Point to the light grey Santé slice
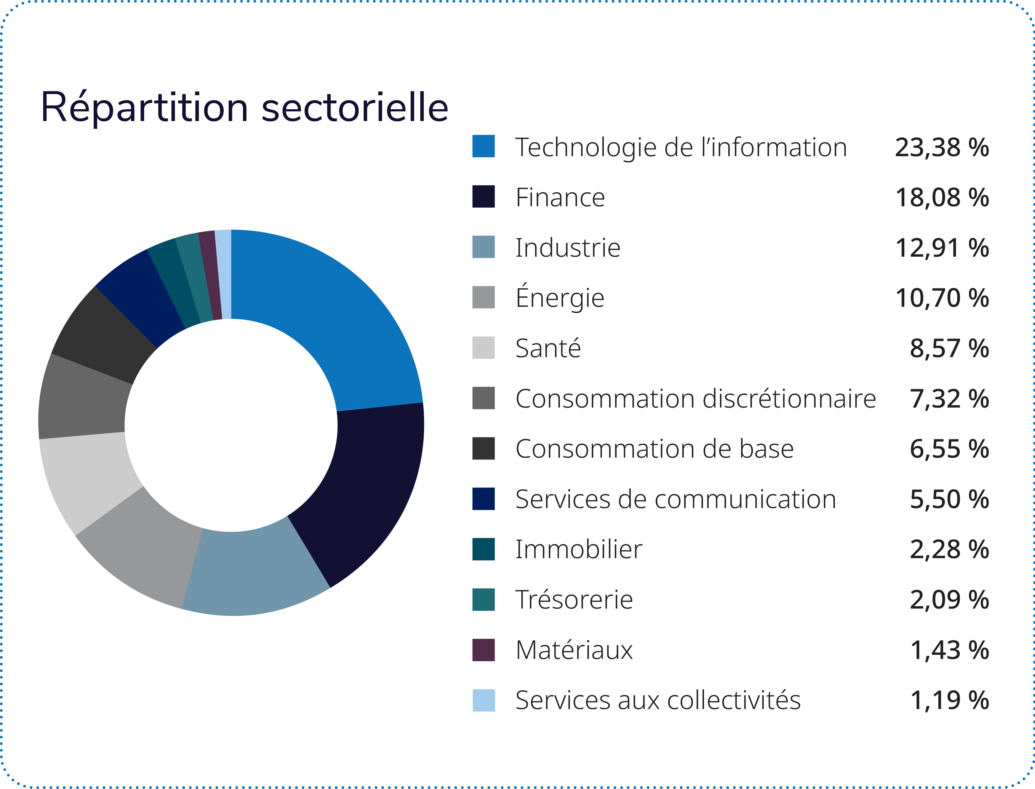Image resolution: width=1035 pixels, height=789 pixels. click(x=89, y=479)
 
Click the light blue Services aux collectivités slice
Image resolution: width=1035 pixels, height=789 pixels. click(x=224, y=275)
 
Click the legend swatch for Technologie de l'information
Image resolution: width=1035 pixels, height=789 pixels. click(x=483, y=146)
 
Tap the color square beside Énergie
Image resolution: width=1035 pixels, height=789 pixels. click(x=483, y=297)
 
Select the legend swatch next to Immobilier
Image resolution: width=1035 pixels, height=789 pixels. click(x=483, y=549)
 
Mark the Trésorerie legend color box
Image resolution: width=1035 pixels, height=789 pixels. click(x=483, y=599)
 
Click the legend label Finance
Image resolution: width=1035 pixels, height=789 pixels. click(x=560, y=197)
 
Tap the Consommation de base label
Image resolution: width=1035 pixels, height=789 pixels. click(x=654, y=449)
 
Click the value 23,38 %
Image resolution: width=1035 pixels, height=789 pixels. click(x=942, y=147)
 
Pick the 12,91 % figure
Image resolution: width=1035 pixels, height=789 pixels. click(x=942, y=248)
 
